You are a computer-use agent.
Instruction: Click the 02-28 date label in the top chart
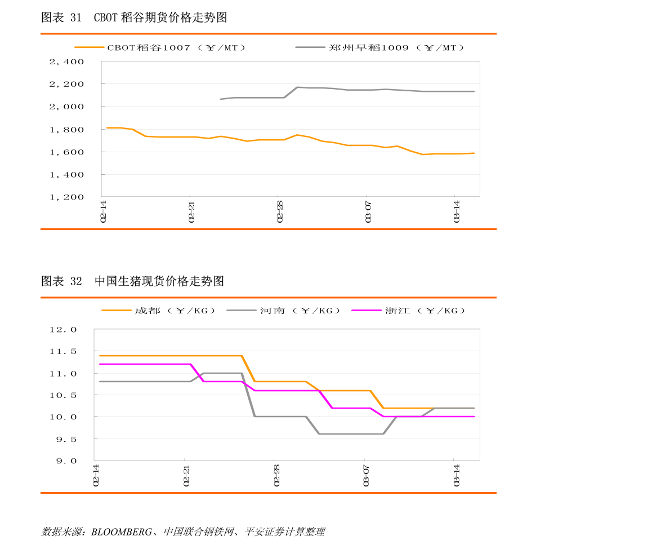[280, 210]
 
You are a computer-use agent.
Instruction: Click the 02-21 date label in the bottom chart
[186, 475]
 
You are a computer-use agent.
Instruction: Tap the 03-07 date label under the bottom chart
[366, 475]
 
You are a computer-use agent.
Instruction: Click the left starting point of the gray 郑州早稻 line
[220, 99]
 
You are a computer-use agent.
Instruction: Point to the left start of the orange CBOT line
[107, 128]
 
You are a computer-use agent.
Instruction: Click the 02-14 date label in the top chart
[103, 210]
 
